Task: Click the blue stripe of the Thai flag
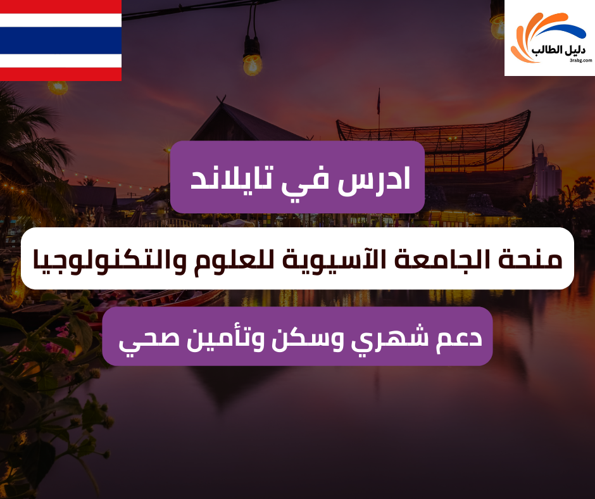60,40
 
